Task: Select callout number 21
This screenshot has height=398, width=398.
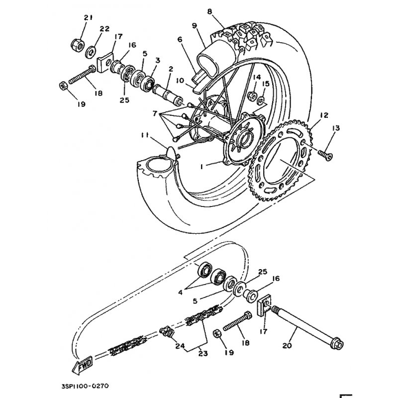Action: (88, 17)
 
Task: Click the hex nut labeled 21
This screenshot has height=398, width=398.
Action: (78, 45)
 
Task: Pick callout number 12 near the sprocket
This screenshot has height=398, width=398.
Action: (324, 115)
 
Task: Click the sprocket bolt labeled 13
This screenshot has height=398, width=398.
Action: (325, 155)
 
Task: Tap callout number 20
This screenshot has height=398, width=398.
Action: (288, 346)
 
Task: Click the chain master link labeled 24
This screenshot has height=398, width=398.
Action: (167, 333)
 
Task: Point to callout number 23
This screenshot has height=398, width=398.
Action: (203, 354)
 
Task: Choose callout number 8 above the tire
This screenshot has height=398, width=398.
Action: (209, 11)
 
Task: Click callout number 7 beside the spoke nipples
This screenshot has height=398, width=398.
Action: (155, 113)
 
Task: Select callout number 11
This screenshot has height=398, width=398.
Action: (145, 135)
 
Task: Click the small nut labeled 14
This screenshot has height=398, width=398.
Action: (253, 95)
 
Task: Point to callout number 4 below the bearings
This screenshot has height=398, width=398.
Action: (180, 293)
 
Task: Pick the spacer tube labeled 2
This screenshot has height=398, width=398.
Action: (167, 95)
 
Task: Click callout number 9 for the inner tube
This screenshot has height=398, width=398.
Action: (195, 26)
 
